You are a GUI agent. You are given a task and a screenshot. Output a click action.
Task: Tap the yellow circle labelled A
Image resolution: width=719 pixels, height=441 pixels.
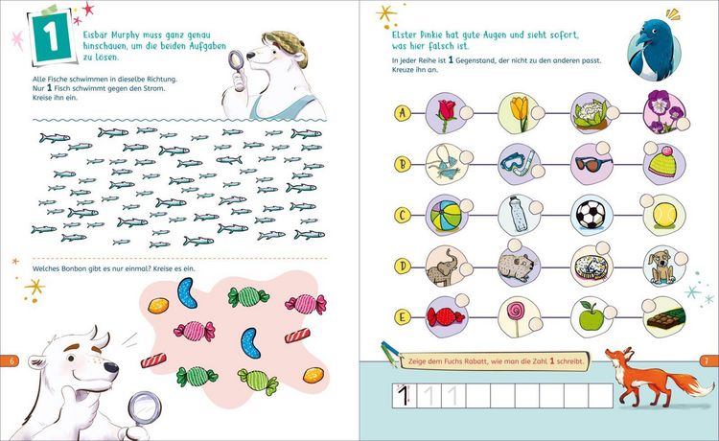(403, 113)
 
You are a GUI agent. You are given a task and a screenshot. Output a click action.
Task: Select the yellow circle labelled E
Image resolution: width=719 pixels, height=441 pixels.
(403, 316)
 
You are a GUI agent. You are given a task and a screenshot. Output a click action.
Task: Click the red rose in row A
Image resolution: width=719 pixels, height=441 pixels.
(447, 115)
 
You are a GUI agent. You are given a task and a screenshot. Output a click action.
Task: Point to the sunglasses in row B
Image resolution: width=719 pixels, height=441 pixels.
(593, 163)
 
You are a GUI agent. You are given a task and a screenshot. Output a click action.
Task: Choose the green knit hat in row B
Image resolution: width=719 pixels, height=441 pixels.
(662, 163)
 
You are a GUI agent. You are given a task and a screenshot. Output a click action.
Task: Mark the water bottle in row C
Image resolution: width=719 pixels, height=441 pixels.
(518, 214)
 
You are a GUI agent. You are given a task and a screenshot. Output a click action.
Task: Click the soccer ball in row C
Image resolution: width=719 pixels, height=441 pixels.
(591, 215)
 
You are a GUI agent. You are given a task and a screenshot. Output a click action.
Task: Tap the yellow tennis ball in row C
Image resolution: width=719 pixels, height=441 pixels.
(664, 216)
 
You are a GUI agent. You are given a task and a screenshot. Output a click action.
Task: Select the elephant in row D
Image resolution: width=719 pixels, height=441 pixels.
(443, 267)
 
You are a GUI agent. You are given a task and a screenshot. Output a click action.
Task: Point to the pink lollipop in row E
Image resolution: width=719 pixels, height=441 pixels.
(516, 315)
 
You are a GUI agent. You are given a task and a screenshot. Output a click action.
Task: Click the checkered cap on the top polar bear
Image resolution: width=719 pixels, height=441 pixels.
(286, 44)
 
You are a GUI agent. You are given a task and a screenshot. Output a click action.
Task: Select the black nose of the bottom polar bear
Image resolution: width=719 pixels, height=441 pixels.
(110, 367)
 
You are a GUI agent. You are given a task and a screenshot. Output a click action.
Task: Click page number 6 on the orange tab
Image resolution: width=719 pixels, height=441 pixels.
(12, 360)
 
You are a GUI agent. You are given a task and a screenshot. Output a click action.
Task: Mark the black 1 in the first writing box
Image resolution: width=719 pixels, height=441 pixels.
(402, 395)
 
